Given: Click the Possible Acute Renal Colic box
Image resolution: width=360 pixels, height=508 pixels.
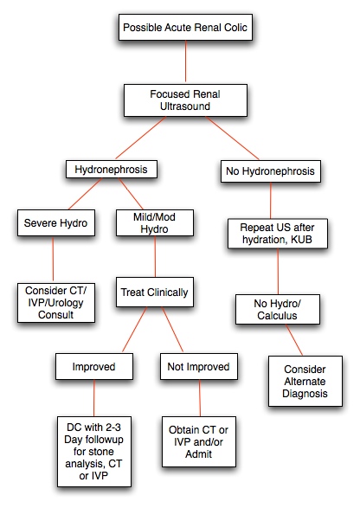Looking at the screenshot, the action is pyautogui.click(x=185, y=27).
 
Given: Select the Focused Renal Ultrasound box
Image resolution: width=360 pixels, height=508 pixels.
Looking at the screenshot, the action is pyautogui.click(x=185, y=100).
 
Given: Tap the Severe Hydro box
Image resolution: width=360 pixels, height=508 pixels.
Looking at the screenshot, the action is pyautogui.click(x=56, y=223).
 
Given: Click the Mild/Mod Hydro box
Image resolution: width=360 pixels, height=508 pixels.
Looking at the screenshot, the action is pyautogui.click(x=155, y=223).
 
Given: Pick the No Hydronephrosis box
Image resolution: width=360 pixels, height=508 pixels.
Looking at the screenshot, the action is pyautogui.click(x=271, y=171).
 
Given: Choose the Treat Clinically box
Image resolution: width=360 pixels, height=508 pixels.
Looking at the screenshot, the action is pyautogui.click(x=155, y=292).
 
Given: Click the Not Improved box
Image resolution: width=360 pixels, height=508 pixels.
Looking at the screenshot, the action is pyautogui.click(x=199, y=366).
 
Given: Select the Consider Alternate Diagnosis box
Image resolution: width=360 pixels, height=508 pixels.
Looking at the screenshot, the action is pyautogui.click(x=305, y=382).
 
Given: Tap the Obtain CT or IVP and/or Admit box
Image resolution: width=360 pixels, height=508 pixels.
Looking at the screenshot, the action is pyautogui.click(x=199, y=442).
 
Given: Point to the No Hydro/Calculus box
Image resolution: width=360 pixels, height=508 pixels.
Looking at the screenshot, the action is pyautogui.click(x=278, y=310).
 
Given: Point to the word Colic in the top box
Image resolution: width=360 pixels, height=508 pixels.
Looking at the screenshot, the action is pyautogui.click(x=235, y=28).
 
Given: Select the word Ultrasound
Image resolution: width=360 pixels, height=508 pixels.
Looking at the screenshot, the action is pyautogui.click(x=185, y=106).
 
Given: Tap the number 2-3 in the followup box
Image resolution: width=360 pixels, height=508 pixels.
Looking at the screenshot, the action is pyautogui.click(x=112, y=428).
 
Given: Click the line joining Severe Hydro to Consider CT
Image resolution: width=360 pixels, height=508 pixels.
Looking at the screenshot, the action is pyautogui.click(x=53, y=260).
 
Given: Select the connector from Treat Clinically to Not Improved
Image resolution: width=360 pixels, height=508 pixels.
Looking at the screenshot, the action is pyautogui.click(x=172, y=330).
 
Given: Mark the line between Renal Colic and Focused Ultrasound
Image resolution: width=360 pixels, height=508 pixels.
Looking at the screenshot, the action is pyautogui.click(x=186, y=61).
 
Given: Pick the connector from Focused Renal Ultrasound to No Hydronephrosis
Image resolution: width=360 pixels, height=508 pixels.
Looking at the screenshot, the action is pyautogui.click(x=232, y=138).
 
